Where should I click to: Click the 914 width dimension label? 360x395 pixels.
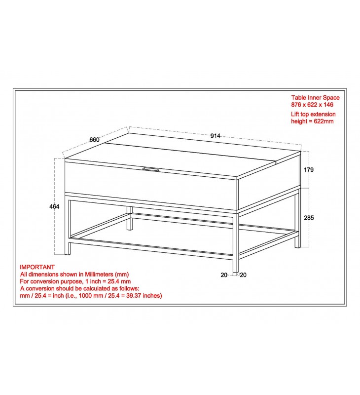click(x=215, y=136)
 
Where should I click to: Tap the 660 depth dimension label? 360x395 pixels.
click(x=94, y=140)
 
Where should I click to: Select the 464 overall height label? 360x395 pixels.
click(x=54, y=206)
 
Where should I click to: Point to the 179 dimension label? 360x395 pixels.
click(x=309, y=170)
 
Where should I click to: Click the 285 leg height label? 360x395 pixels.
click(x=309, y=218)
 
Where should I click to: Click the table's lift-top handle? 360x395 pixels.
click(x=151, y=169)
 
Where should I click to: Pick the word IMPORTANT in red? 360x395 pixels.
click(x=37, y=267)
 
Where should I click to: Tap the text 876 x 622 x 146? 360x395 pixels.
click(x=312, y=105)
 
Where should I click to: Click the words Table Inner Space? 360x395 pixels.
click(x=316, y=97)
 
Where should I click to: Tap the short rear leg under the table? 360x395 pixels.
click(x=130, y=218)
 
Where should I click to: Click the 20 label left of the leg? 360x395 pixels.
click(x=224, y=275)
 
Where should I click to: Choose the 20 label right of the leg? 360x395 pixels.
click(x=243, y=275)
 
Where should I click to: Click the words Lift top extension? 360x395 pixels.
click(x=314, y=114)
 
